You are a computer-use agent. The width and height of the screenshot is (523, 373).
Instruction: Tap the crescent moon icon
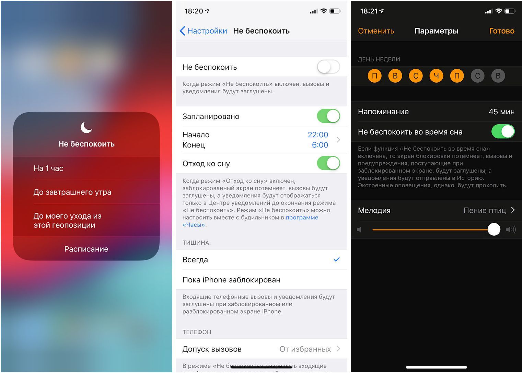(86, 127)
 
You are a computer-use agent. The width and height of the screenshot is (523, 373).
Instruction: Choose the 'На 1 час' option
(48, 168)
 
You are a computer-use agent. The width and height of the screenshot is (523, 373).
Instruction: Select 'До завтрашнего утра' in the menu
(72, 192)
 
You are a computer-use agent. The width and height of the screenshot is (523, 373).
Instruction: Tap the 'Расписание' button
(86, 249)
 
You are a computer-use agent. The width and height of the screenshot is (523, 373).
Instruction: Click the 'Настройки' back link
(203, 31)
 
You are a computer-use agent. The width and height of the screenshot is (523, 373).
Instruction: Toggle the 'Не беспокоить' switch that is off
(328, 67)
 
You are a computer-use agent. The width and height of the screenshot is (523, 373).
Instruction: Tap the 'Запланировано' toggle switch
(328, 116)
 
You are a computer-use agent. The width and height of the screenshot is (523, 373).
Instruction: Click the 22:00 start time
(318, 135)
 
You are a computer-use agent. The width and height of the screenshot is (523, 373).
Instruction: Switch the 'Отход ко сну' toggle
(328, 163)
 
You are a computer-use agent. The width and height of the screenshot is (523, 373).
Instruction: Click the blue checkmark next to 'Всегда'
(337, 259)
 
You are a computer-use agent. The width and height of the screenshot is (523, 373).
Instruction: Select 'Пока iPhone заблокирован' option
(231, 280)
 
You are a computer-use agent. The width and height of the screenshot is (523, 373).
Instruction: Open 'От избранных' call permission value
(305, 349)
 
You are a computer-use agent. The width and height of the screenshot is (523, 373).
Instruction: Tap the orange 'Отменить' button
(376, 31)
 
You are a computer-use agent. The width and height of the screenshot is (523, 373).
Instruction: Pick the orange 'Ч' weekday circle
(436, 76)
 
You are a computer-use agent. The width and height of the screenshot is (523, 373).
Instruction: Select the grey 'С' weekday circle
(477, 76)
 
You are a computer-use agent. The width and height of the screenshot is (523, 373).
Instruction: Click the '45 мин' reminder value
(501, 112)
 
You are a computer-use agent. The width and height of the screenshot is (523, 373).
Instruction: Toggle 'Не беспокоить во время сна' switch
(503, 131)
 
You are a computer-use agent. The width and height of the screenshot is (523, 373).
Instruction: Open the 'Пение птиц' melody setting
(485, 210)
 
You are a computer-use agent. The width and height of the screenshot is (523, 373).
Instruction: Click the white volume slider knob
(494, 229)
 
